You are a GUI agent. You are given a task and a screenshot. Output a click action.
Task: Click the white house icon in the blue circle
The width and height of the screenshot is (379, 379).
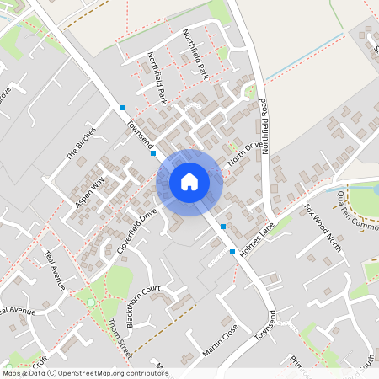click(189, 181)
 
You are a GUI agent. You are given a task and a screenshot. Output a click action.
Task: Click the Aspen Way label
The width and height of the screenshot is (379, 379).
click(90, 192)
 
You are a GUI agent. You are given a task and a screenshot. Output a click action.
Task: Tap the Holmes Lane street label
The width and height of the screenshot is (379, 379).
click(259, 240)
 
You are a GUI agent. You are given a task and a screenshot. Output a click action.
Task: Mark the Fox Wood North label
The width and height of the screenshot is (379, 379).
click(323, 223)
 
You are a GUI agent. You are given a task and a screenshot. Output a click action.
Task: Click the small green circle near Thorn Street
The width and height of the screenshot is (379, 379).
click(91, 302)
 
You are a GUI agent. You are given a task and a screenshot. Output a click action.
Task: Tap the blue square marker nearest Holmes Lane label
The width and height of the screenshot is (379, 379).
click(232, 252)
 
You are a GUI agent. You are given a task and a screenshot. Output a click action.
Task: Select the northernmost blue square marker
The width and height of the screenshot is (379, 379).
click(122, 107)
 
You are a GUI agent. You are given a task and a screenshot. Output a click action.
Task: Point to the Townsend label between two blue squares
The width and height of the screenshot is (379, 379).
click(137, 131)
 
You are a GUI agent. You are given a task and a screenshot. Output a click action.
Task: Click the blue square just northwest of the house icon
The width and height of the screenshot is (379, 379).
click(153, 153)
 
